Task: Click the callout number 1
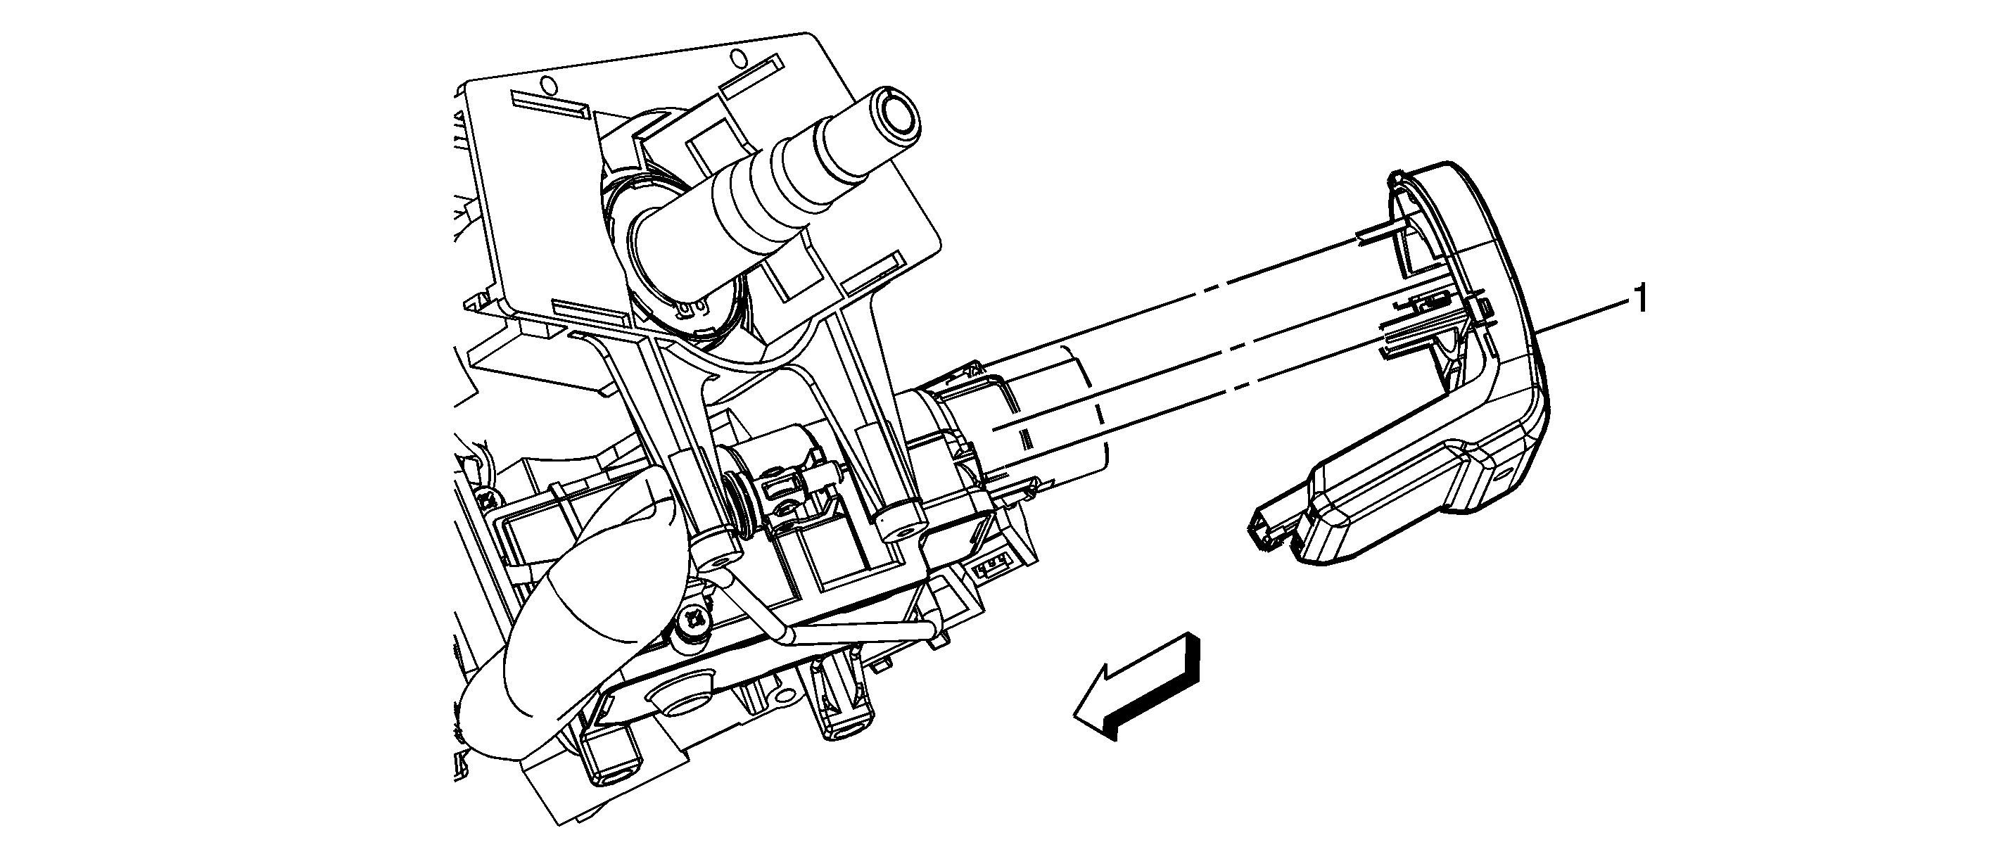pos(1640,300)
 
